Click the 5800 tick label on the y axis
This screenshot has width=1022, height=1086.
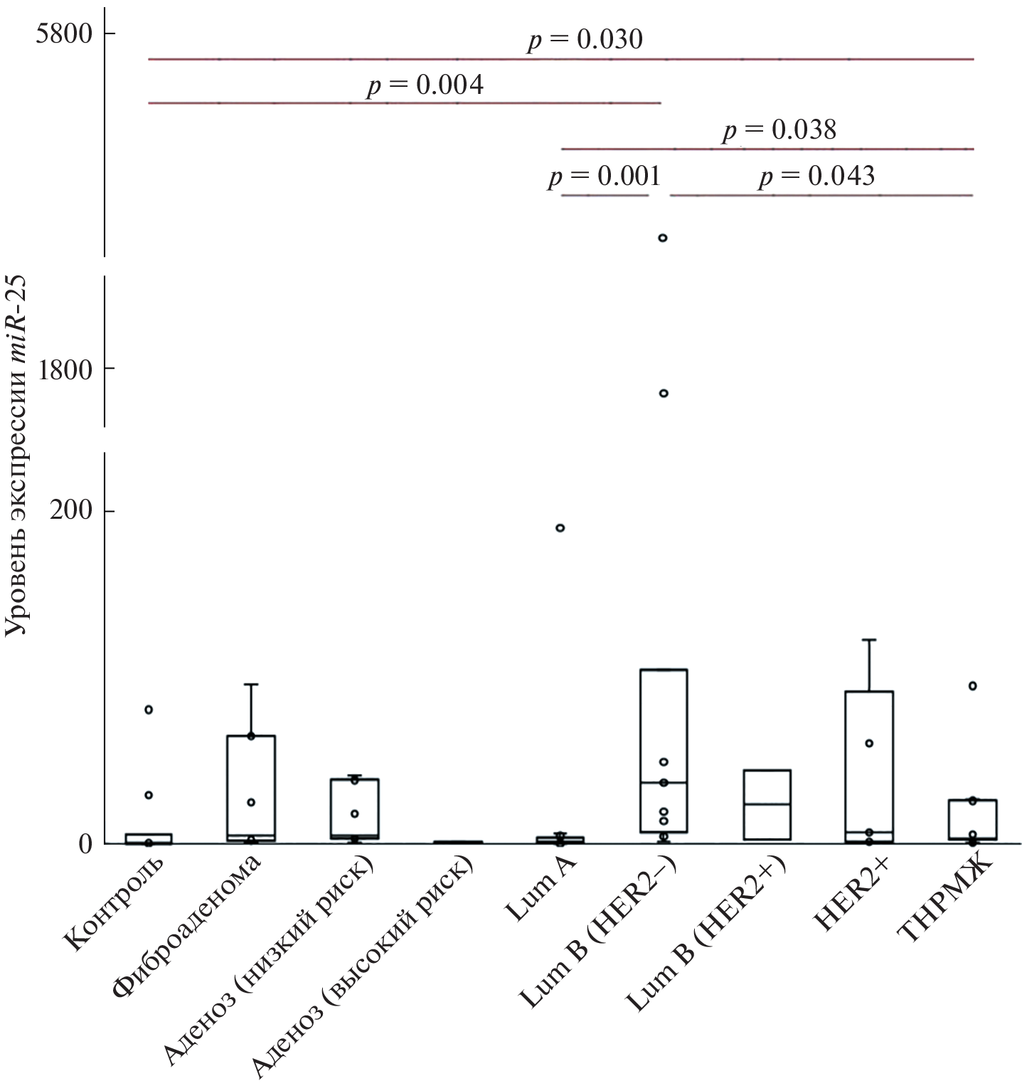coord(65,33)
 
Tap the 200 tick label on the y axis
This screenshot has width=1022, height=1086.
coord(71,511)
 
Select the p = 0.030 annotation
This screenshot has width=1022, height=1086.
coord(585,40)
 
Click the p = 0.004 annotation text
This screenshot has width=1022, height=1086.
coord(425,85)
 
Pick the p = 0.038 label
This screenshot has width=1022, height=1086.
coord(779,130)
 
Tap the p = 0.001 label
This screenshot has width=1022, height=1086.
coord(604,176)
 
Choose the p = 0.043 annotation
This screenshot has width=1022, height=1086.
coord(816,176)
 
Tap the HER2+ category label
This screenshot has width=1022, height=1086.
coord(854,893)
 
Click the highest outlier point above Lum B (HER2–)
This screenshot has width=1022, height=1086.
coord(663,238)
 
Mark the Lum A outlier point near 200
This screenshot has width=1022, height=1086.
coord(560,528)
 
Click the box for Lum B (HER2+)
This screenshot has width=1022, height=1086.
coord(767,804)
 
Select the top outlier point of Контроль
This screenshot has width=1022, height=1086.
coord(149,710)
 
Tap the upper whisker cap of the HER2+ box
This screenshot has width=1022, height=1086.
coord(869,640)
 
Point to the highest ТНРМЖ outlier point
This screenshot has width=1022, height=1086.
coord(973,686)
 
